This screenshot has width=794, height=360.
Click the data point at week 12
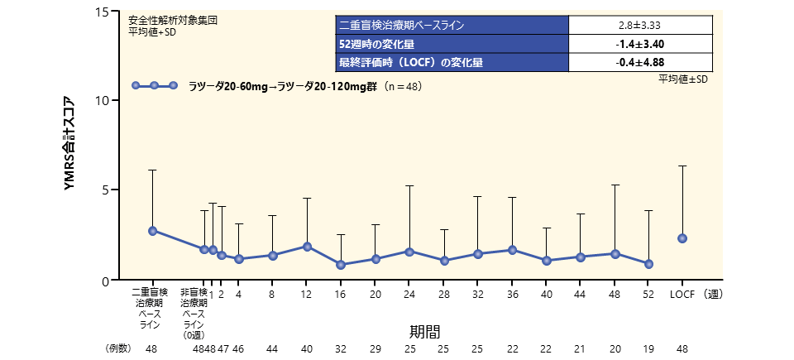pyautogui.click(x=307, y=247)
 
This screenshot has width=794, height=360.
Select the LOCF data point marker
pyautogui.click(x=682, y=238)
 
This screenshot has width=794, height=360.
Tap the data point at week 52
pyautogui.click(x=649, y=264)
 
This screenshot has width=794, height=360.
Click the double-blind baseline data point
pyautogui.click(x=152, y=231)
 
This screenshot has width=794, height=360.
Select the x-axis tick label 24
pyautogui.click(x=409, y=293)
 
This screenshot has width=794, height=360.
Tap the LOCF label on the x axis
pyautogui.click(x=682, y=293)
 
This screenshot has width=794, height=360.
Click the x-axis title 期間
pyautogui.click(x=426, y=330)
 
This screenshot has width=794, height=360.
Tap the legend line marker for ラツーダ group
pyautogui.click(x=155, y=85)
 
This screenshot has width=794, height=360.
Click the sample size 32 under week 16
pyautogui.click(x=341, y=349)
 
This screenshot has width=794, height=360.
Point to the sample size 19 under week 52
pyautogui.click(x=649, y=349)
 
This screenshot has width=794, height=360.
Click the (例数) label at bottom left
pyautogui.click(x=119, y=349)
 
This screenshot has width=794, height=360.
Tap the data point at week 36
pyautogui.click(x=513, y=250)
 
